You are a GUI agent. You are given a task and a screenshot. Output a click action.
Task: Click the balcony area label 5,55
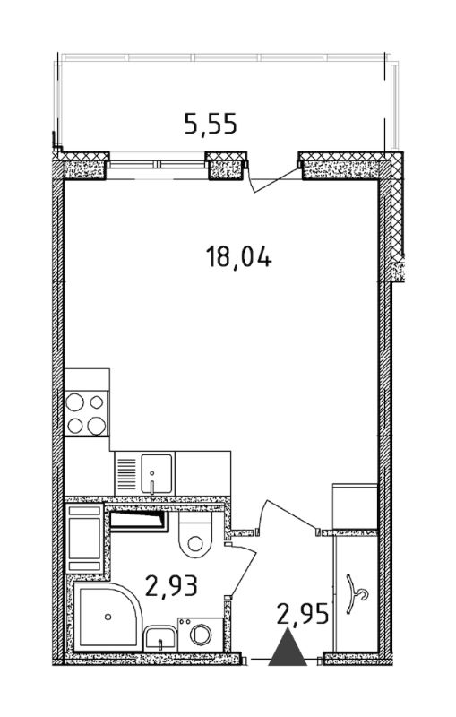coord(211,124)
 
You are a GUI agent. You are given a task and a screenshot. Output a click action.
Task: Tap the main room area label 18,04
coord(238,257)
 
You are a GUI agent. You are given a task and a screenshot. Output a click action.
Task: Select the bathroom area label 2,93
coord(171,586)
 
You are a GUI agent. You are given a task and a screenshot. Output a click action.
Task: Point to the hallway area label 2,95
coord(303,614)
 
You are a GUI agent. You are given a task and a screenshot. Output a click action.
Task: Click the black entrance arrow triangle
coord(288,647)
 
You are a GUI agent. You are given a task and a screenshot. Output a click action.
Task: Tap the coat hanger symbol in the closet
coord(357,594)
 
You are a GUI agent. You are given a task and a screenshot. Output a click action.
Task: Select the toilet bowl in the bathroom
coord(195,534)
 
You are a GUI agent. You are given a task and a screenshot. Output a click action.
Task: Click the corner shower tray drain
coord(108,617)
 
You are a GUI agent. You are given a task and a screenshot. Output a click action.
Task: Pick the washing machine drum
coord(201,635)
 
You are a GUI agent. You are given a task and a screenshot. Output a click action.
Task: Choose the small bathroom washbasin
coord(160,638)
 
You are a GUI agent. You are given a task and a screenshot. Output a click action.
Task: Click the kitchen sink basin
coord(156,474)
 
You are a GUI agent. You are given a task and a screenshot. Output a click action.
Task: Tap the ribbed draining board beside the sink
coord(127,474)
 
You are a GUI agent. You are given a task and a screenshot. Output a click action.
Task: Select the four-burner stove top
coord(86,413)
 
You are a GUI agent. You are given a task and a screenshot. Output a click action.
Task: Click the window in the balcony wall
coord(157,164)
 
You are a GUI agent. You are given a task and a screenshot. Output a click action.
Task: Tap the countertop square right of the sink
coord(202,474)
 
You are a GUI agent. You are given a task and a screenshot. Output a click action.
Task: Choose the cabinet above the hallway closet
coord(355,506)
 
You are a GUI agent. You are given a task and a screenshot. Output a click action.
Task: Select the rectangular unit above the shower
coord(84,539)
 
